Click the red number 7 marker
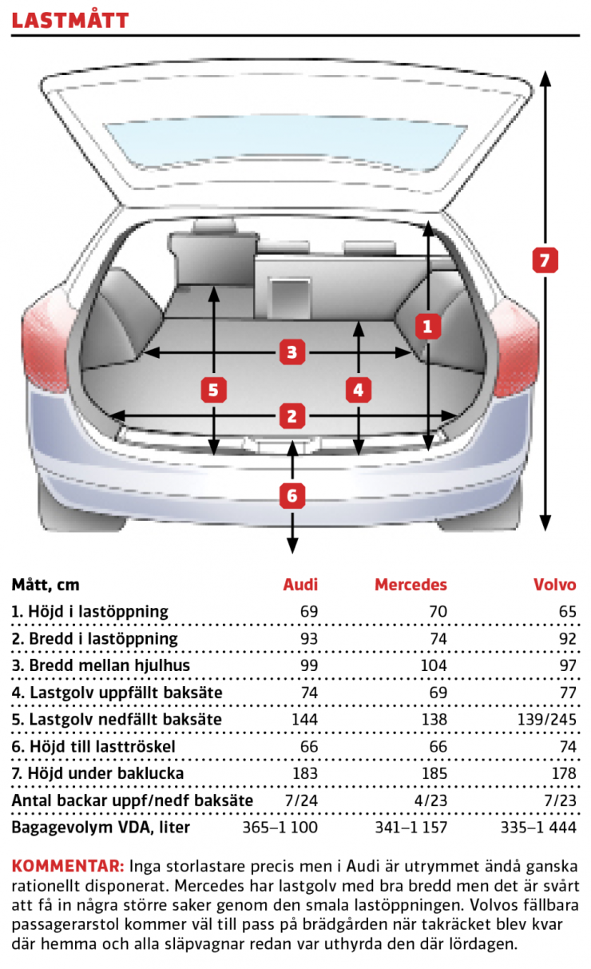pyautogui.click(x=545, y=260)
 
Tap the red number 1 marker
pyautogui.click(x=427, y=326)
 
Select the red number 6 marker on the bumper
pyautogui.click(x=292, y=496)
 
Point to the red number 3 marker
pyautogui.click(x=292, y=352)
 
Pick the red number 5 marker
pyautogui.click(x=213, y=390)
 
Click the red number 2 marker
pyautogui.click(x=292, y=416)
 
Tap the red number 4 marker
pyautogui.click(x=359, y=390)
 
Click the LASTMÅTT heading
pyautogui.click(x=70, y=20)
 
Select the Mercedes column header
pyautogui.click(x=411, y=585)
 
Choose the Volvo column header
pyautogui.click(x=555, y=585)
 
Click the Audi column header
pyautogui.click(x=300, y=585)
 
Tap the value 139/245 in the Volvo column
pyautogui.click(x=547, y=720)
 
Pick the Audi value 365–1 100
pyautogui.click(x=280, y=827)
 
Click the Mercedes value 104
pyautogui.click(x=434, y=665)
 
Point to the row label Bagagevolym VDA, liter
pyautogui.click(x=101, y=828)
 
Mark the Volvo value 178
pyautogui.click(x=564, y=773)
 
